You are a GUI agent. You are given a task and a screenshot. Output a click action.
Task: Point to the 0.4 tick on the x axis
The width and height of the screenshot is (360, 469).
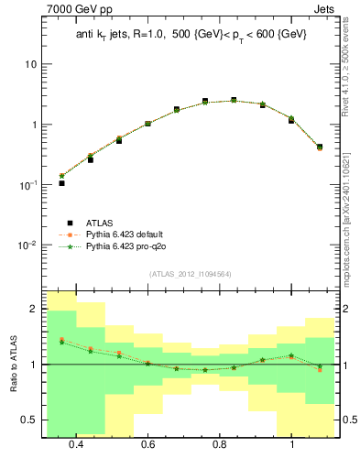pyautogui.click(x=76, y=444)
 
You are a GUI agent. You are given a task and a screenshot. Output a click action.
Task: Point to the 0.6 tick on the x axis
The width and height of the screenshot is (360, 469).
pyautogui.click(x=147, y=444)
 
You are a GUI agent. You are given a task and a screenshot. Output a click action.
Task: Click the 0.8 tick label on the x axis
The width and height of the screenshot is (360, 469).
pyautogui.click(x=220, y=444)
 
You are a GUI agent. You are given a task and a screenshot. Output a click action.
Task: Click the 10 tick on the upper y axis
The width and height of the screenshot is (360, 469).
pyautogui.click(x=30, y=65)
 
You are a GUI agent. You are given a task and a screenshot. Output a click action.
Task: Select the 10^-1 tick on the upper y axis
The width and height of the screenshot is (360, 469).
pyautogui.click(x=28, y=185)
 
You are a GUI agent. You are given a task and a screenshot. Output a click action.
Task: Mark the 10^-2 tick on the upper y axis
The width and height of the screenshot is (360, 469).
pyautogui.click(x=28, y=245)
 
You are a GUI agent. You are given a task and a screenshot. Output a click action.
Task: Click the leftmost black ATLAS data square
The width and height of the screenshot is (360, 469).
pyautogui.click(x=61, y=183)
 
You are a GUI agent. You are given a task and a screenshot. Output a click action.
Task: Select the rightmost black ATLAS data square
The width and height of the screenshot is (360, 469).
pyautogui.click(x=320, y=147)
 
